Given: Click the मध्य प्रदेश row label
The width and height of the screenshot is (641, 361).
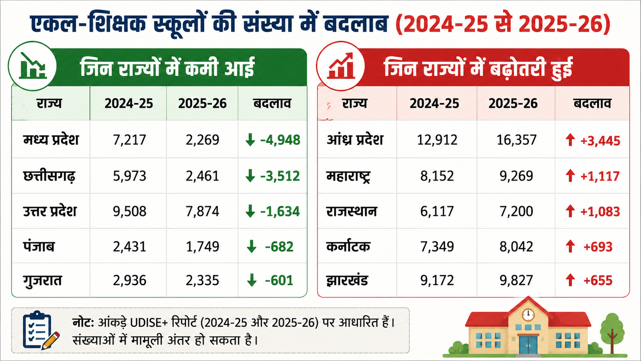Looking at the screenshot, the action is coord(51,140).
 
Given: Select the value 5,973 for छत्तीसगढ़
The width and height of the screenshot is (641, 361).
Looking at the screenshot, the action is coord(129,176).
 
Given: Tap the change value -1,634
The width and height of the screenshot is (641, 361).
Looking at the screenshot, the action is coord(280,211).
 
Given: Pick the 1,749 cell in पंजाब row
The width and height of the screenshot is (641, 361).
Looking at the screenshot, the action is coord(202,246).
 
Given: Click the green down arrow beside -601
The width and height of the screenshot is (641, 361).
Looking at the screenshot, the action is coord(252,280).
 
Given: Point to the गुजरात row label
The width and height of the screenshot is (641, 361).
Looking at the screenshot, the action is coord(42,281).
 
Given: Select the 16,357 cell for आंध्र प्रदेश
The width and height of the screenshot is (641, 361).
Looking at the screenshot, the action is coord(516,140).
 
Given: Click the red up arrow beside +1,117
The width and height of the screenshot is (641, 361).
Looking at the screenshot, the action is coord(570,176).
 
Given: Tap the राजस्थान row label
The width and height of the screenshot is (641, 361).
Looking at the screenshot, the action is coord(351,211).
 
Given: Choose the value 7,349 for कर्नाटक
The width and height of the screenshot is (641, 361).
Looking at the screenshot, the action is coord(437,246).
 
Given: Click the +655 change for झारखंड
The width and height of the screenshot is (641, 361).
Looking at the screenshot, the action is coord(598,280).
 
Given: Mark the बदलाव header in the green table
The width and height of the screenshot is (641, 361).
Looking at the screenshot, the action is coord(272,103).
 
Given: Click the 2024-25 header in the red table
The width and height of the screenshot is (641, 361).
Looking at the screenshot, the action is coord(434,103).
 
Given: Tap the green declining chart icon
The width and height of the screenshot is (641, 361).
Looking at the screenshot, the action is coord(32,66).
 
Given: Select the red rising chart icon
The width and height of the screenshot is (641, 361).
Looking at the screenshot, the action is coord(341,66).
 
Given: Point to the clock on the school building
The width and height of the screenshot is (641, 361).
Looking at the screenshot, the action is coord(528,315).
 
